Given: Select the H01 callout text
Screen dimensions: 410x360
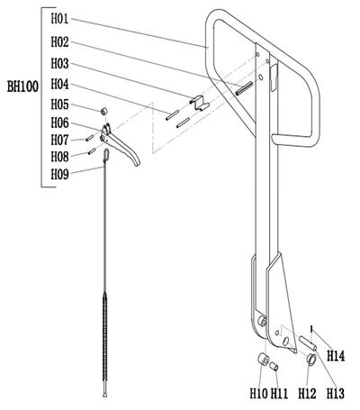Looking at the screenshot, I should [x=60, y=18].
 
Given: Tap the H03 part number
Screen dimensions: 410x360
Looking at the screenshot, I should [x=60, y=63].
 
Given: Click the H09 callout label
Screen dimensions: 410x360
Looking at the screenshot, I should [x=60, y=173].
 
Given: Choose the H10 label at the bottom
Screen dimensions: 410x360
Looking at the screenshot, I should [x=258, y=394].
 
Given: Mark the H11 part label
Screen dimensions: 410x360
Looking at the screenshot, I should [x=280, y=394].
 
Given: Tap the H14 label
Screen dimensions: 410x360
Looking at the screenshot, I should [x=336, y=357].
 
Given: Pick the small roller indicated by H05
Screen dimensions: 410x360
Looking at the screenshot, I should [x=102, y=111].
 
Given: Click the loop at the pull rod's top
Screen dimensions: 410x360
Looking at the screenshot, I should [x=106, y=159].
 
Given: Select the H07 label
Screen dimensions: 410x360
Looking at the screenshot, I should [x=60, y=140].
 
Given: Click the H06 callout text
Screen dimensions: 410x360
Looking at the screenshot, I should [x=60, y=122].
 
